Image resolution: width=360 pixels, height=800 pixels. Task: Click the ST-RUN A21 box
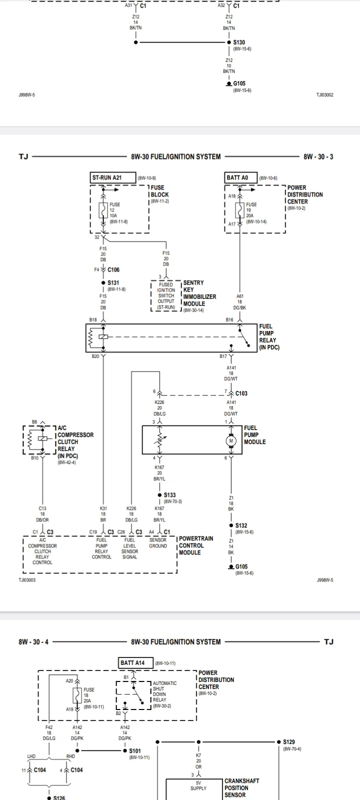(113, 177)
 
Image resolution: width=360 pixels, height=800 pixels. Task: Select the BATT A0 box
(240, 177)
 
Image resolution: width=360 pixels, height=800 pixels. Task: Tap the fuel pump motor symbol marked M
(231, 440)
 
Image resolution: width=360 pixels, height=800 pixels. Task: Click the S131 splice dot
(103, 283)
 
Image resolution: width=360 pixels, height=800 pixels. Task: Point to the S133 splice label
(169, 495)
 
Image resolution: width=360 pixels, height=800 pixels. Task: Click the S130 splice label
(239, 42)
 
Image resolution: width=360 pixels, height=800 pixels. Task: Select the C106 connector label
(113, 269)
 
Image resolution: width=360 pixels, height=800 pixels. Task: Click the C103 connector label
(241, 393)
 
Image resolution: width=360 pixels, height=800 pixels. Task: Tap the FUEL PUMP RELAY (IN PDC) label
(269, 336)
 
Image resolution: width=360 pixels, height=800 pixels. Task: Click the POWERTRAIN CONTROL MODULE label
(196, 545)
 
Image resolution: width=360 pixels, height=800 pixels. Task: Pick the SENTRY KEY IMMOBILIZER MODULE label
(199, 293)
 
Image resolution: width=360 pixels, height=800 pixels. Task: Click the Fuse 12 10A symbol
(103, 210)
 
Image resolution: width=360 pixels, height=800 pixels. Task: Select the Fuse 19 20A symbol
(239, 210)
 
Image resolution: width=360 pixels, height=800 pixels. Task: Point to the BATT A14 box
(135, 663)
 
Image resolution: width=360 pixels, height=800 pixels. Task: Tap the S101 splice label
(135, 750)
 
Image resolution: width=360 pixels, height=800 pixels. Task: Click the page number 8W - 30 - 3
(318, 156)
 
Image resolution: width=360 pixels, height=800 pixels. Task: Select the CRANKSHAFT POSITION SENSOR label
(242, 788)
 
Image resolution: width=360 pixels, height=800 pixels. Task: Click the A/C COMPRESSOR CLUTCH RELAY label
(75, 442)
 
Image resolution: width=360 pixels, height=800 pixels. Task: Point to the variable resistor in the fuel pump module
(159, 440)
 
